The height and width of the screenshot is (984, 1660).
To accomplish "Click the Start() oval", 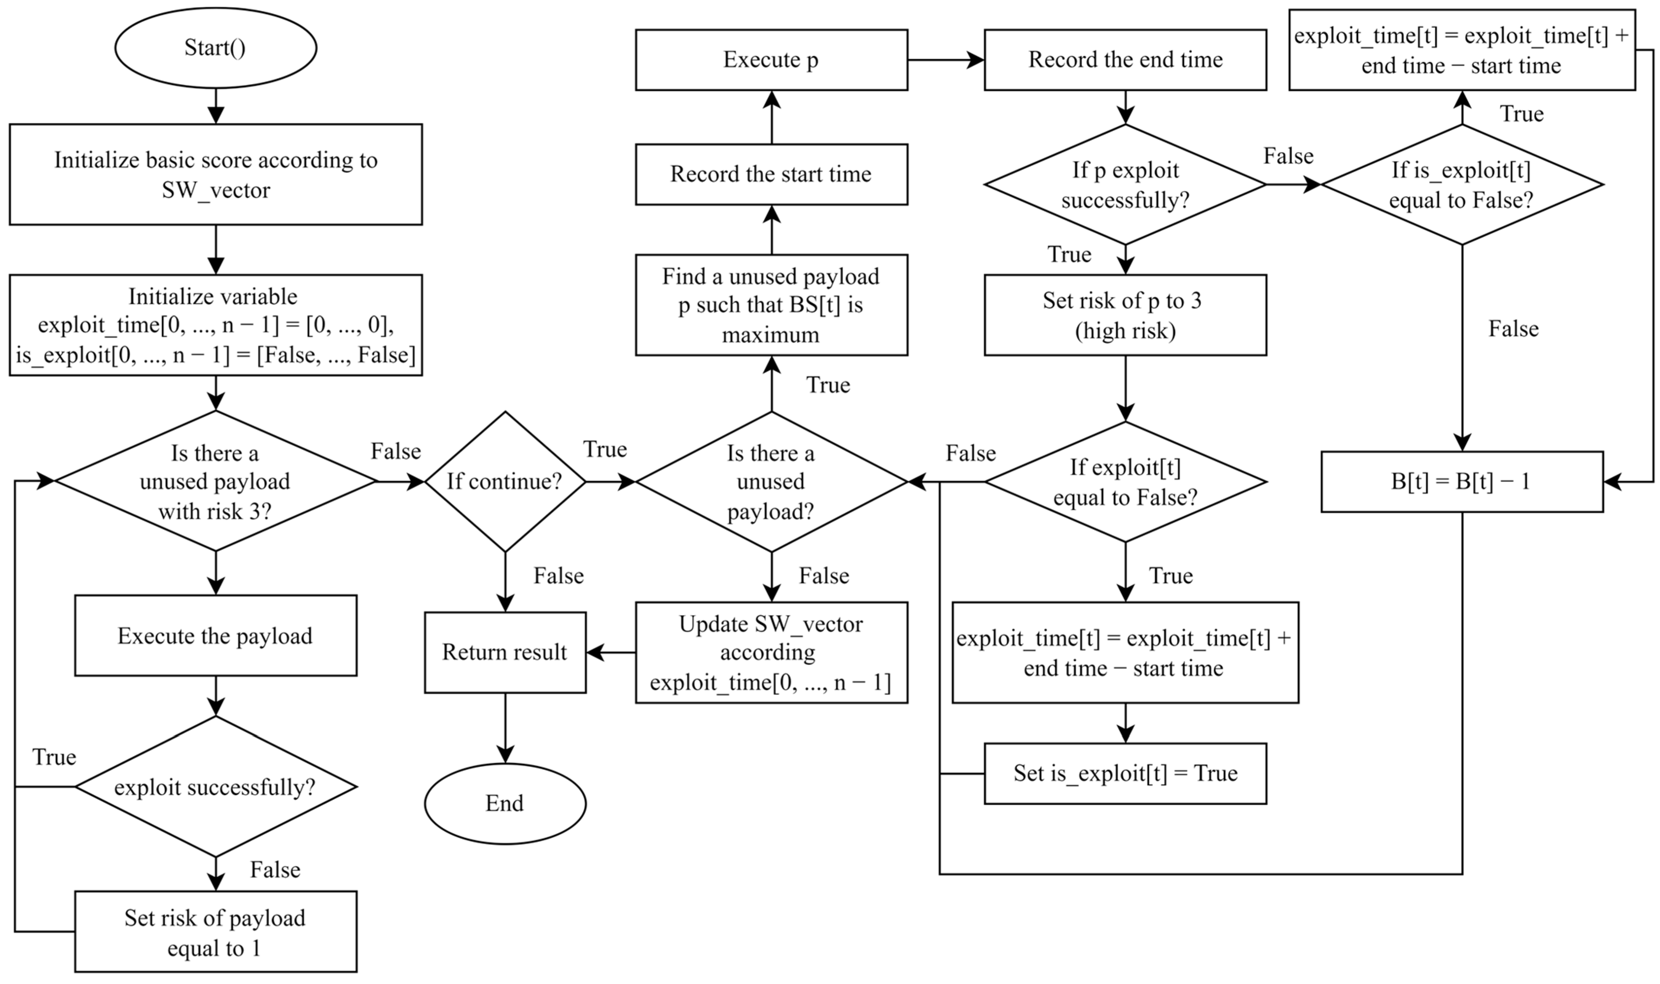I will [216, 48].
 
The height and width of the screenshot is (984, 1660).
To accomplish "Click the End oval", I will [505, 803].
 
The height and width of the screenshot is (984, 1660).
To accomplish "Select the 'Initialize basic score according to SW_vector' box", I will [216, 174].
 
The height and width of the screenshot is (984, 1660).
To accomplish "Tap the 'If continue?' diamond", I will [505, 482].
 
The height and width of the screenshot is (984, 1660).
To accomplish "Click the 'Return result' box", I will [505, 652].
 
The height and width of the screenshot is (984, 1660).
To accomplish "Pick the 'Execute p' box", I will [771, 60].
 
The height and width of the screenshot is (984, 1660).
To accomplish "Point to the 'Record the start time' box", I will [771, 174].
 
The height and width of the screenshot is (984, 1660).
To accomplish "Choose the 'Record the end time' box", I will [1125, 60].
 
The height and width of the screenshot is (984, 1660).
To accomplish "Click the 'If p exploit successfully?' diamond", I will [1125, 184].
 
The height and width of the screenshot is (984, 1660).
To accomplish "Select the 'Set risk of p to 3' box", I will [1125, 315].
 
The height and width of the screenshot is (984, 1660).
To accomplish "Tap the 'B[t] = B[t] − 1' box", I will [1462, 482].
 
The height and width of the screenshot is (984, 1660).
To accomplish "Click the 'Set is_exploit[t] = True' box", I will [1125, 773].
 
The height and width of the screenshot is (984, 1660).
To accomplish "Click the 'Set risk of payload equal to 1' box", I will [216, 932].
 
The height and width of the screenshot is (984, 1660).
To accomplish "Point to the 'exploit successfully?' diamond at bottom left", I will [216, 787].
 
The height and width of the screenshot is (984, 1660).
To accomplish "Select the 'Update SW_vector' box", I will [771, 652].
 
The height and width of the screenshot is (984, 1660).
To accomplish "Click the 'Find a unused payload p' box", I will [771, 305].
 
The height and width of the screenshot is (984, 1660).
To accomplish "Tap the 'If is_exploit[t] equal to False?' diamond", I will [1462, 184].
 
